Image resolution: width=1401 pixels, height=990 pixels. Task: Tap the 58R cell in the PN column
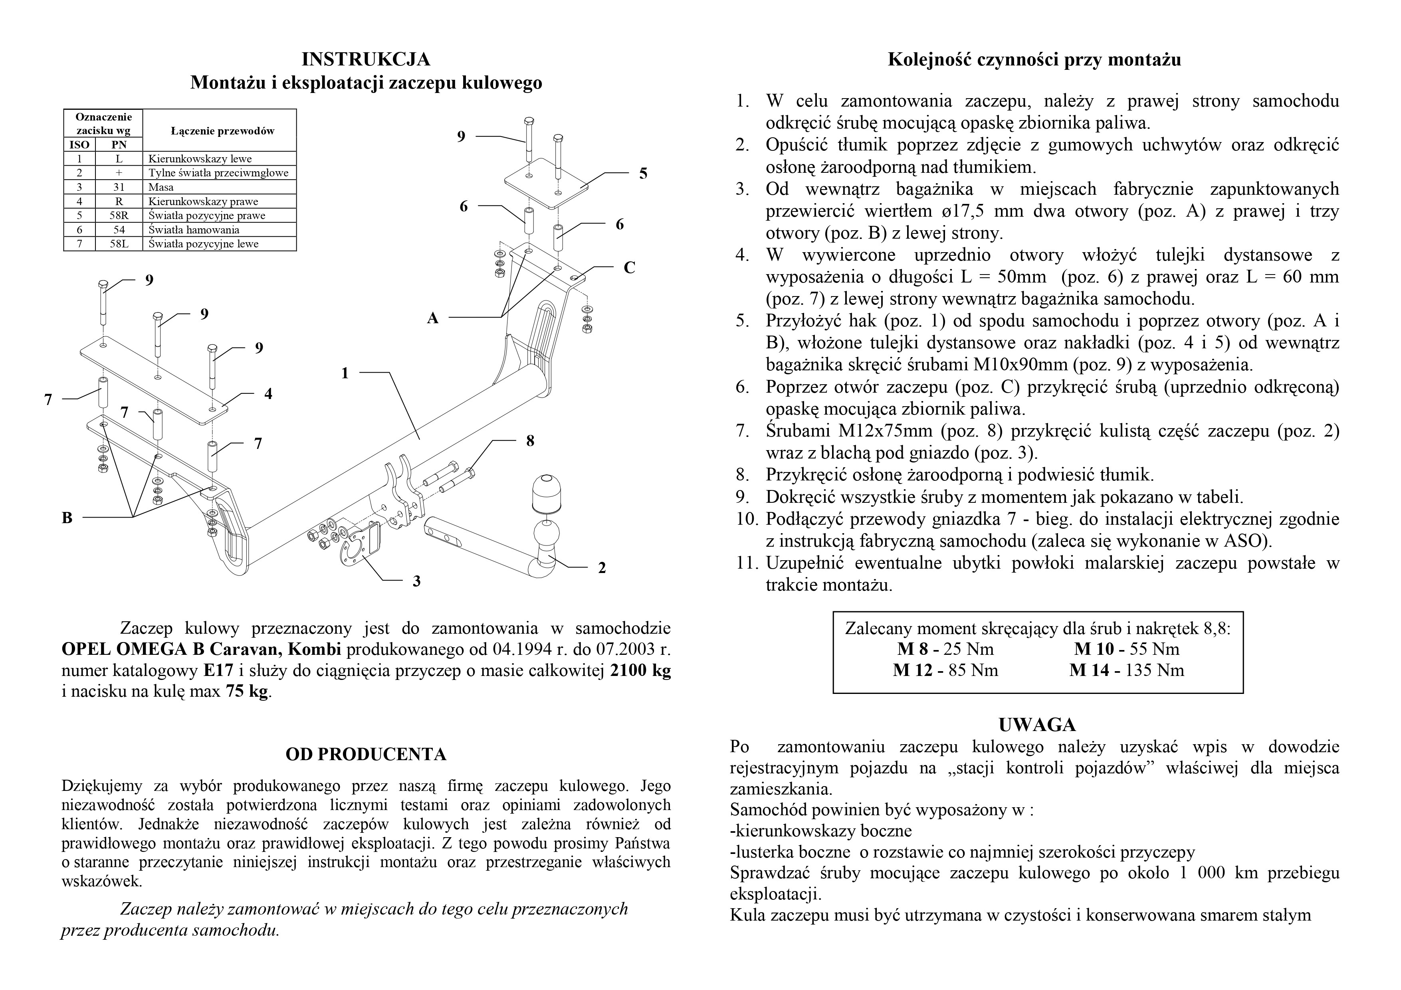click(119, 215)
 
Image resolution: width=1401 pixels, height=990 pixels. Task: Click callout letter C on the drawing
click(629, 268)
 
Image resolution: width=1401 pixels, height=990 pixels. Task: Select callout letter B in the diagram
click(67, 518)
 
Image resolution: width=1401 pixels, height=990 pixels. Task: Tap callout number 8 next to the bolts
click(530, 441)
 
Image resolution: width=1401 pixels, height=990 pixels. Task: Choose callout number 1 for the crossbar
click(345, 373)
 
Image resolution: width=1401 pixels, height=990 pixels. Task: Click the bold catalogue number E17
click(218, 670)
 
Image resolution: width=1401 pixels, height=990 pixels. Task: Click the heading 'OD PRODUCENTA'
click(366, 755)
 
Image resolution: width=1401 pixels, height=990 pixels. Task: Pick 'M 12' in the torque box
click(913, 670)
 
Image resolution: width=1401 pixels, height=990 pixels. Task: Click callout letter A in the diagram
click(433, 318)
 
